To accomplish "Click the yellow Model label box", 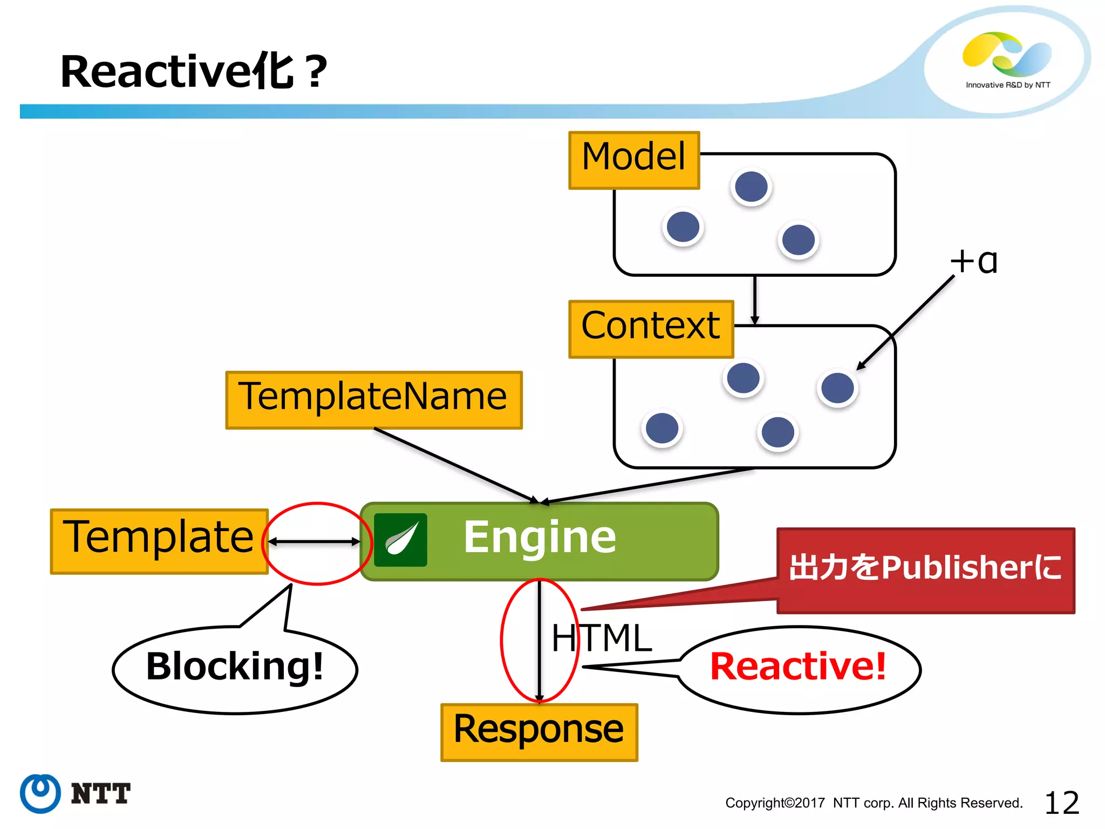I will click(x=634, y=160).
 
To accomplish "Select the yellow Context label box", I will click(x=651, y=329).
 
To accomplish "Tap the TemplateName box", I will click(x=373, y=399).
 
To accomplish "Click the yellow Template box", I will click(x=159, y=541).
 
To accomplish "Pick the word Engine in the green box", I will click(x=540, y=537).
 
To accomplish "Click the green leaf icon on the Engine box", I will click(x=400, y=539).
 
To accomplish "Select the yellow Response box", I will click(x=538, y=732).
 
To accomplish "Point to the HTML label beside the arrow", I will click(x=602, y=638).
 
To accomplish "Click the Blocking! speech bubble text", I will click(x=235, y=667).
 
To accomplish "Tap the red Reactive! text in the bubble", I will click(x=798, y=667).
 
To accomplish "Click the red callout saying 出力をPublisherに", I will click(x=925, y=569).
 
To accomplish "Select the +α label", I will click(x=974, y=262).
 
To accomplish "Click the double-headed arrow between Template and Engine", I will click(x=315, y=541).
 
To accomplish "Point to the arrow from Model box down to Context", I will click(x=754, y=300).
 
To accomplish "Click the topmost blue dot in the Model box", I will click(x=751, y=187).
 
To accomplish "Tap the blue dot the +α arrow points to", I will click(x=837, y=388).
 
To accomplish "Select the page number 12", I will click(x=1061, y=803).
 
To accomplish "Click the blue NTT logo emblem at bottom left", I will click(x=40, y=793).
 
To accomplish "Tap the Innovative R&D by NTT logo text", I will click(x=1007, y=85).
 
